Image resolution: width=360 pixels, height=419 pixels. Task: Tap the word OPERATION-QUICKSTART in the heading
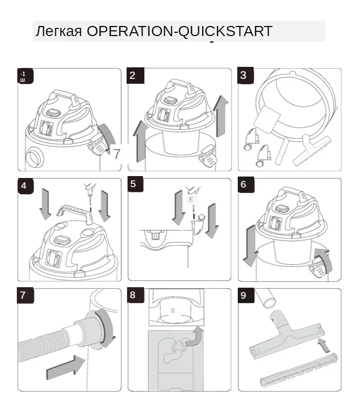click(179, 32)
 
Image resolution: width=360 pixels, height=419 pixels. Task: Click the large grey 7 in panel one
click(117, 153)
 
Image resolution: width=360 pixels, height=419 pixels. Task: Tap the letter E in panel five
click(191, 199)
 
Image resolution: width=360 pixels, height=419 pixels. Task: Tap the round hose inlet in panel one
click(35, 157)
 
